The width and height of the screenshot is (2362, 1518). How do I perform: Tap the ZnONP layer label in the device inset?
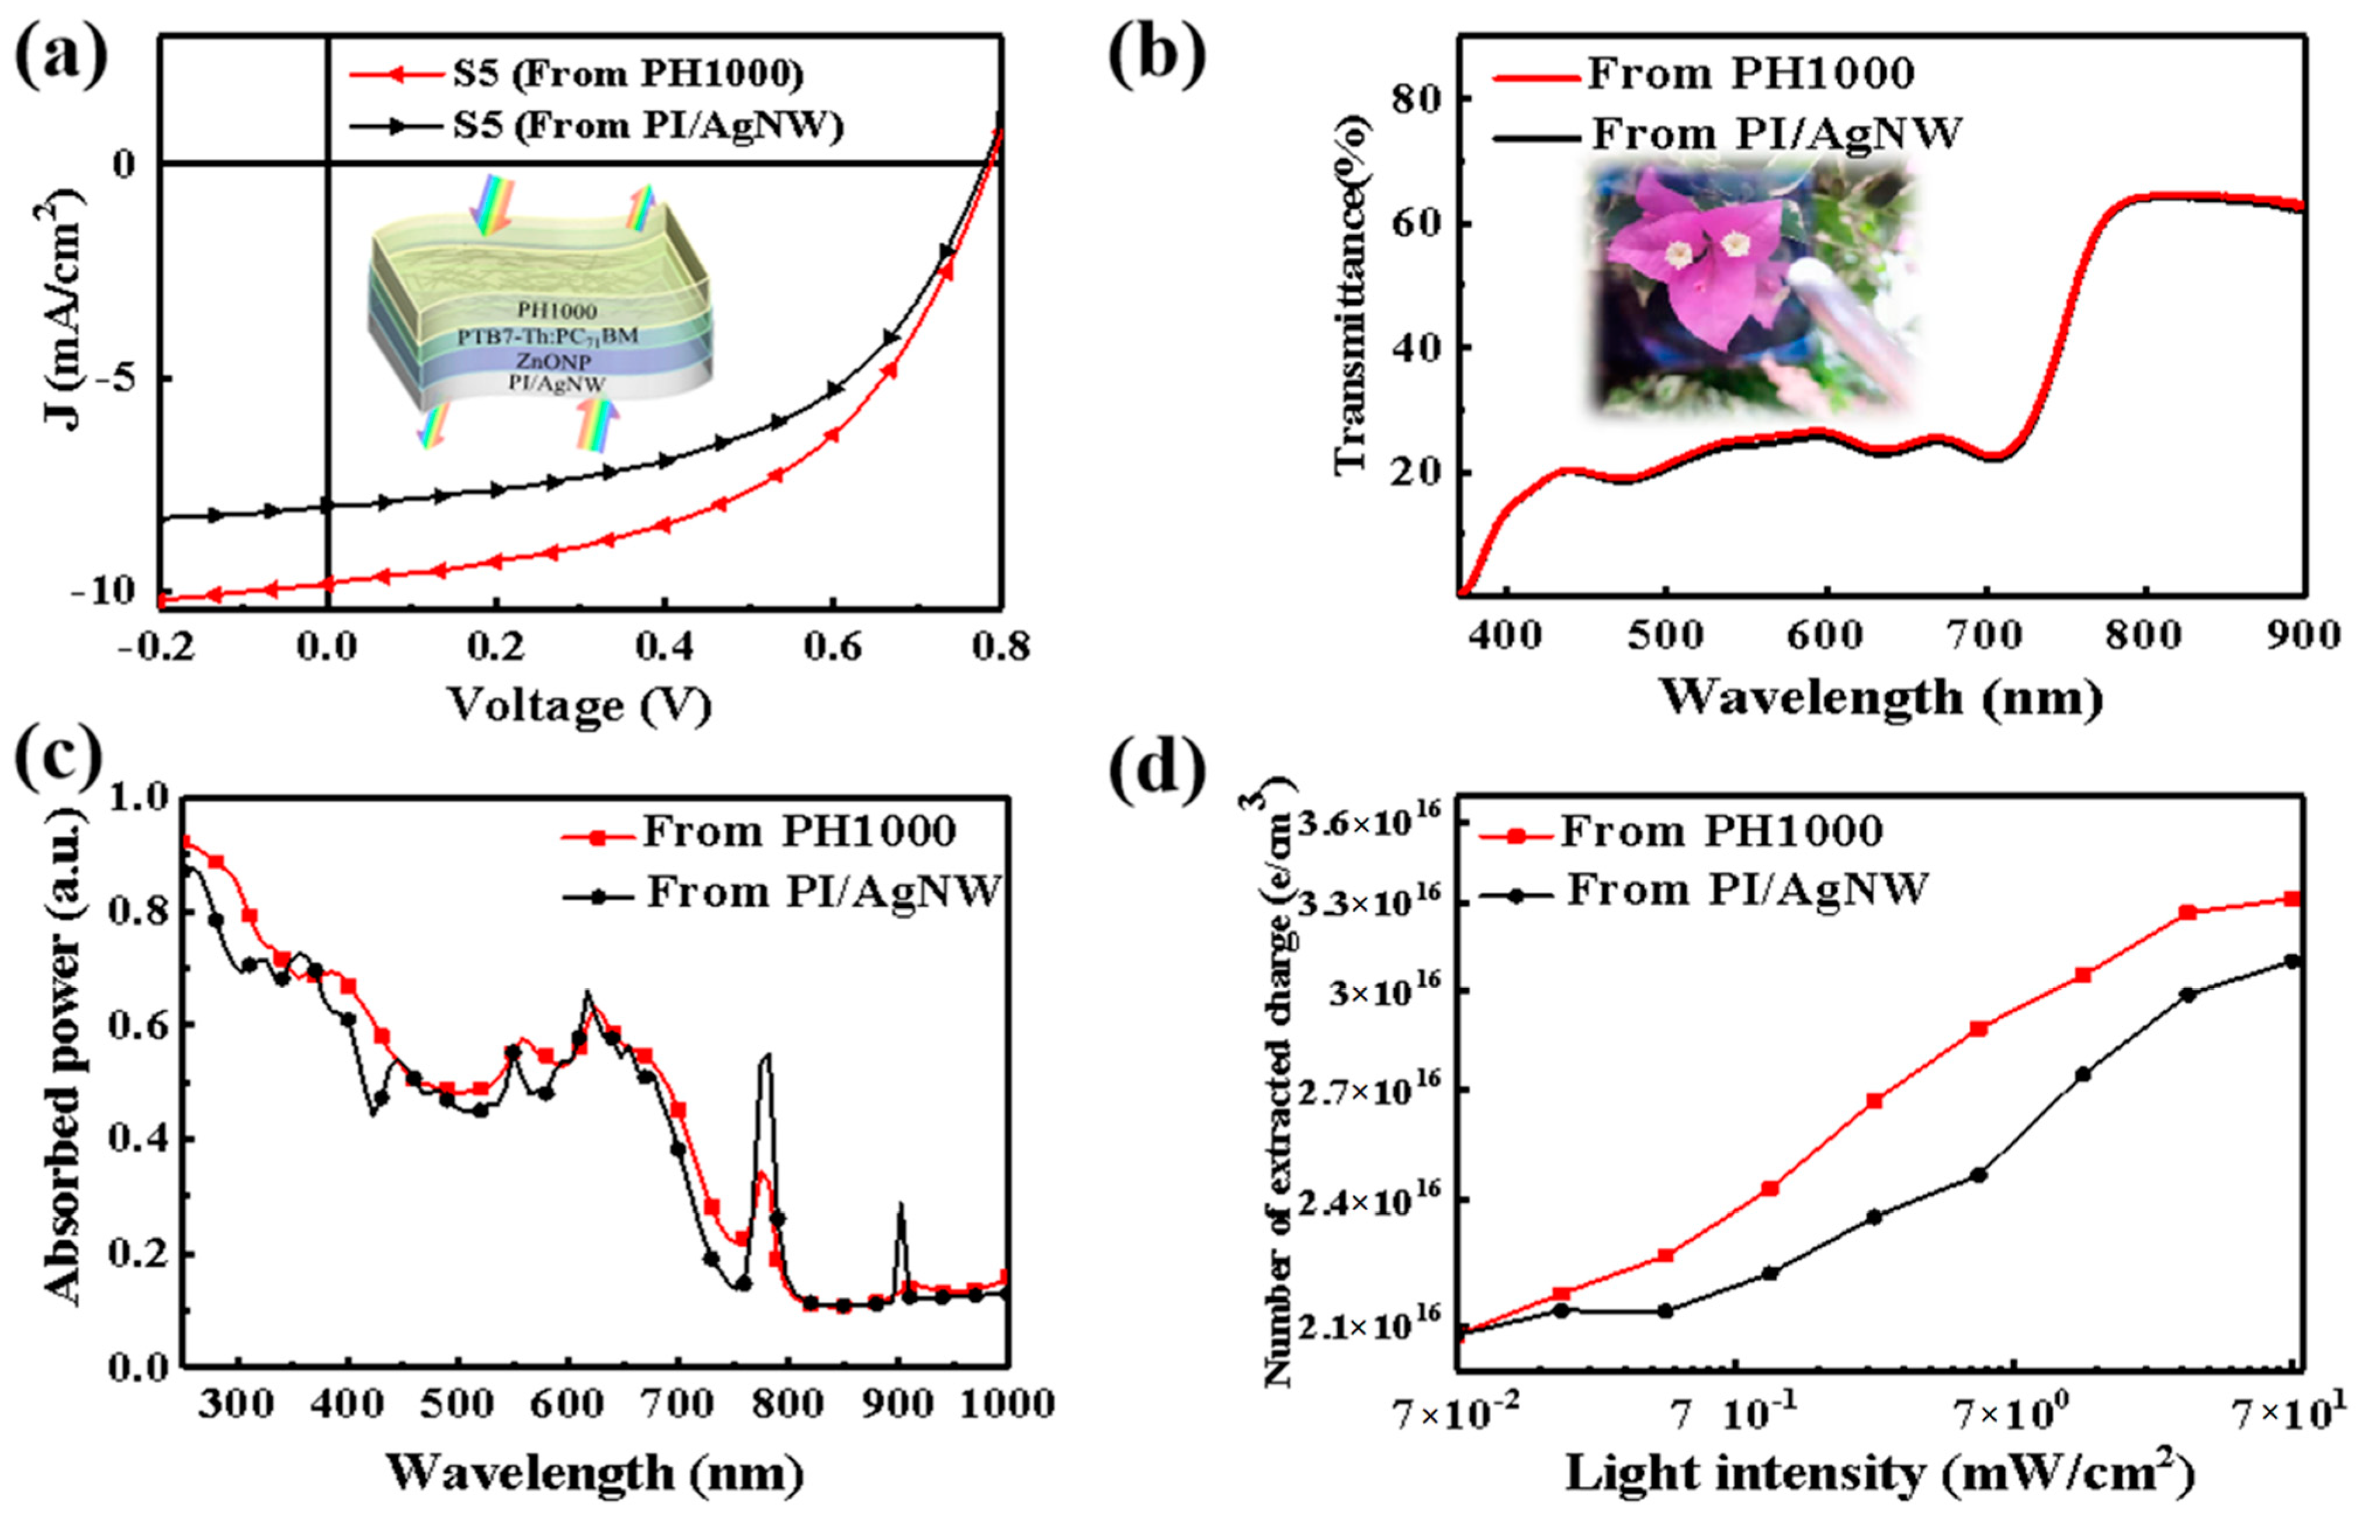click(x=553, y=362)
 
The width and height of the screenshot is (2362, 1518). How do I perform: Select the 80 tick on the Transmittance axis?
click(x=1417, y=99)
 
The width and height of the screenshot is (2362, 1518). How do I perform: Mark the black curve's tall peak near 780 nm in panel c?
click(x=766, y=1057)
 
